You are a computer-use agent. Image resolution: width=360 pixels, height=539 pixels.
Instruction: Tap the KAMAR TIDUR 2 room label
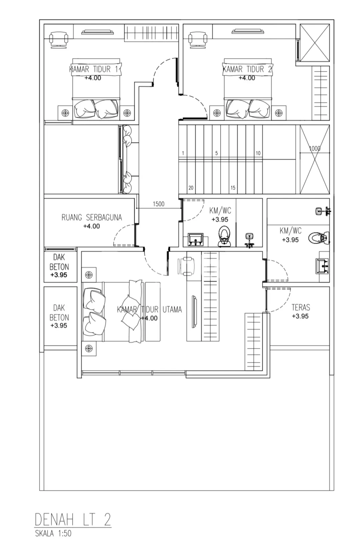point(247,69)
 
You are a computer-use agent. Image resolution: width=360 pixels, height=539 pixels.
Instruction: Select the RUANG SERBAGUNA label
point(92,218)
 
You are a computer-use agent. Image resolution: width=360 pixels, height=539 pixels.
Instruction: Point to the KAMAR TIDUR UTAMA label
point(149,309)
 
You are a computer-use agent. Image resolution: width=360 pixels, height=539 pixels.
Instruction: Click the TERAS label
point(301,307)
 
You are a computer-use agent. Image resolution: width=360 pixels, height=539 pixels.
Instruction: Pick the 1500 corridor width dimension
point(159,204)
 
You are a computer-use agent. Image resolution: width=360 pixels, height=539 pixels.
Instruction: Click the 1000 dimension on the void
point(315,148)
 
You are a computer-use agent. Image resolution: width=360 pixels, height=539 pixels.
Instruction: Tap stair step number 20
point(191,188)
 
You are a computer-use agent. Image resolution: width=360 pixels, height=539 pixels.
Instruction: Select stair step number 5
point(216,153)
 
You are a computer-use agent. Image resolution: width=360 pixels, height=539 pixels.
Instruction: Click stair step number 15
point(233,188)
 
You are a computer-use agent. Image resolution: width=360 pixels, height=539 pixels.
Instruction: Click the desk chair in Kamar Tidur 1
point(58,40)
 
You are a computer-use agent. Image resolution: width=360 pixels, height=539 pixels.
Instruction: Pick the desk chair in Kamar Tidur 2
point(198,40)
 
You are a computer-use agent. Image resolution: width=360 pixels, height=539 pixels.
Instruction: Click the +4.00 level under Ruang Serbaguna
point(91,226)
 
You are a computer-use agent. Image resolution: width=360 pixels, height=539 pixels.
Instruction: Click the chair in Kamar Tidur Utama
point(186,266)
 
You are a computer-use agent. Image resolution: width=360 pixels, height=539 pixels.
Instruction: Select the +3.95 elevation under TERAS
point(300,316)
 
